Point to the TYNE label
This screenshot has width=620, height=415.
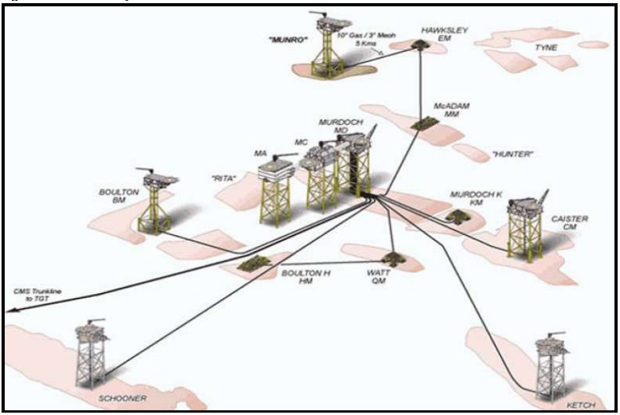click(x=546, y=48)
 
